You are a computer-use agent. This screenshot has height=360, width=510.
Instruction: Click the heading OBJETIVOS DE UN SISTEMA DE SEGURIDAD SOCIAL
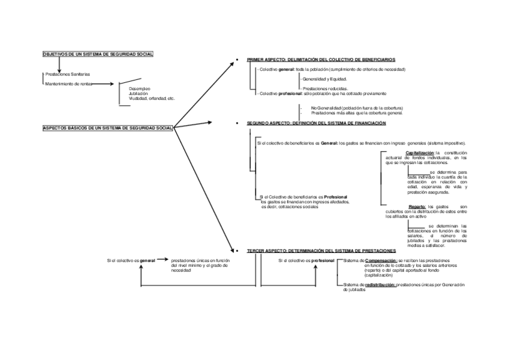tap(98, 54)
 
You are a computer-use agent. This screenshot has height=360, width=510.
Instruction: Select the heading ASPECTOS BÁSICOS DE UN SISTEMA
tap(108, 127)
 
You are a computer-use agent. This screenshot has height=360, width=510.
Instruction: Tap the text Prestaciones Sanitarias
tap(67, 74)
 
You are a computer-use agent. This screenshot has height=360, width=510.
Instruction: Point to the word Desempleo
tap(140, 88)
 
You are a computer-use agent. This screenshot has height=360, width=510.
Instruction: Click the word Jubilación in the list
tap(140, 93)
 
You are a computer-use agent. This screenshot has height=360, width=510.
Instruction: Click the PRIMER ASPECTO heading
tap(321, 60)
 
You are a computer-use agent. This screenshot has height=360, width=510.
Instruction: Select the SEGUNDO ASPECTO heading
tap(316, 123)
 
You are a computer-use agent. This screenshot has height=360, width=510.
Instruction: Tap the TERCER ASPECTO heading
tap(321, 250)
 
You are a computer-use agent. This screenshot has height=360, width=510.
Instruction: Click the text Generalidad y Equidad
tap(324, 79)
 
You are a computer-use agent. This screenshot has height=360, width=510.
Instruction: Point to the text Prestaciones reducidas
tap(324, 88)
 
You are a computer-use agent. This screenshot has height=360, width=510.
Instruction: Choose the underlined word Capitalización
tap(420, 153)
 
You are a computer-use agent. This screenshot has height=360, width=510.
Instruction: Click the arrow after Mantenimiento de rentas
tap(103, 84)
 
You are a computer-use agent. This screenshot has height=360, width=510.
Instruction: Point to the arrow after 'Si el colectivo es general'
tap(162, 260)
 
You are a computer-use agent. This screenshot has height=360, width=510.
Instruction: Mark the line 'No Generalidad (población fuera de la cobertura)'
tap(357, 108)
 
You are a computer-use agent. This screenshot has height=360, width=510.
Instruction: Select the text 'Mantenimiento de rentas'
tap(69, 84)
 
